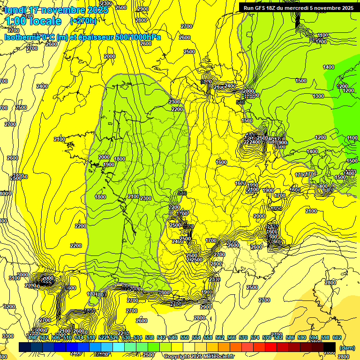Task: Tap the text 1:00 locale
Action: coord(33,21)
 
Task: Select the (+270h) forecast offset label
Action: coord(83,21)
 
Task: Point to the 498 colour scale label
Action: coord(32,337)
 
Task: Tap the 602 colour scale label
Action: coord(337,337)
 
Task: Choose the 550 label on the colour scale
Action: coord(184,337)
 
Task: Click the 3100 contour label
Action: coord(15,278)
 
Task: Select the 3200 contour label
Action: coord(9,307)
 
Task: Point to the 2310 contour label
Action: coord(215,279)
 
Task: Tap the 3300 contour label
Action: coord(7,336)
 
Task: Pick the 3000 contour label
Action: coord(22,275)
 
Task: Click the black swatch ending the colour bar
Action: coord(330,347)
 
